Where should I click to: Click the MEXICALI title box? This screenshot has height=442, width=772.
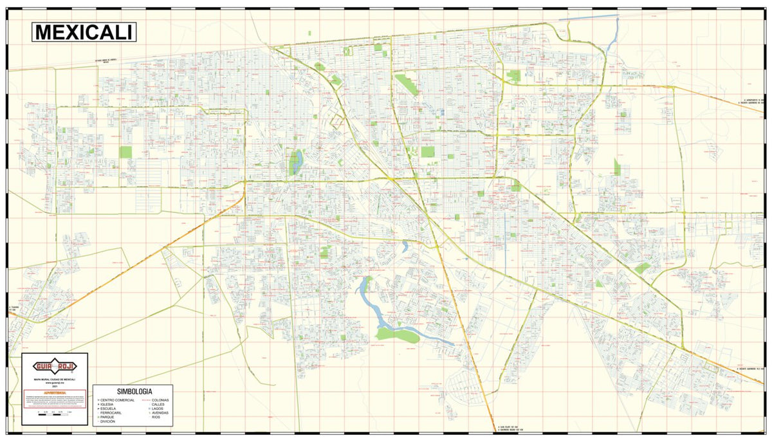pos(84,32)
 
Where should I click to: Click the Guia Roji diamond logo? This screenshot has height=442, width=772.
pos(55,366)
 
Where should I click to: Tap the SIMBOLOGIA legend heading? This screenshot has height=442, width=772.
pos(134,391)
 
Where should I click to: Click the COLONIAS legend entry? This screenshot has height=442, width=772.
pos(161,400)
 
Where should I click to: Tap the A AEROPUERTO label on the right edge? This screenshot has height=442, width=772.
pos(753,100)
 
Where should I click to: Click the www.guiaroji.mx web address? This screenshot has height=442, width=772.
pos(55,383)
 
